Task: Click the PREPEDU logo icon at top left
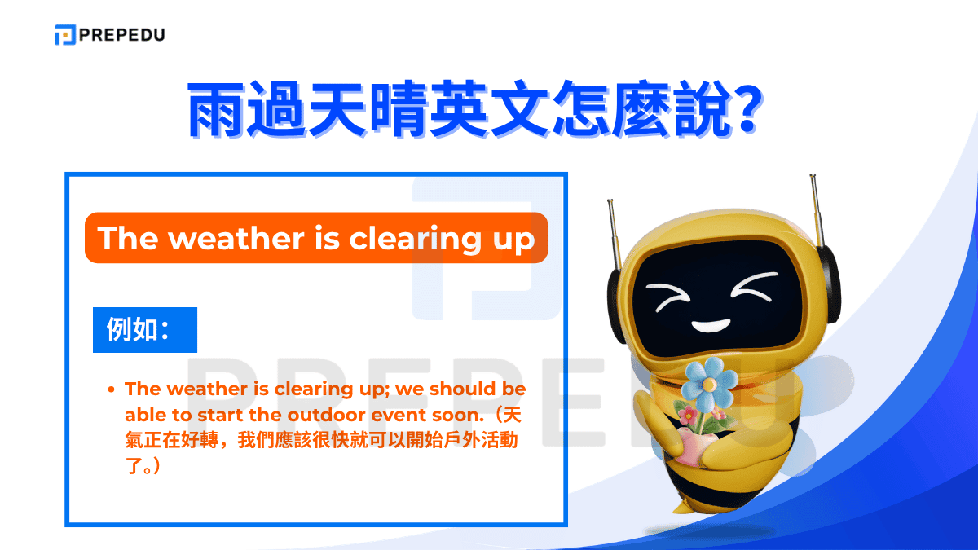tap(64, 34)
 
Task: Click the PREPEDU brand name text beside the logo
tap(121, 34)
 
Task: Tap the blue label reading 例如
tap(144, 330)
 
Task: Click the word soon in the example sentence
tap(448, 415)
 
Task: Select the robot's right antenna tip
tap(813, 178)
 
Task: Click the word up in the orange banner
tap(513, 240)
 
